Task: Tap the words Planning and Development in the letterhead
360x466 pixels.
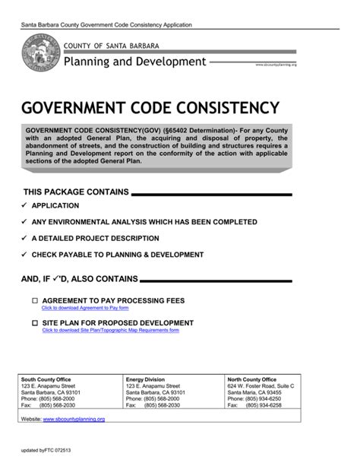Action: pyautogui.click(x=134, y=62)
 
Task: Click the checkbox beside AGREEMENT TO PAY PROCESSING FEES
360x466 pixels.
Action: pyautogui.click(x=34, y=301)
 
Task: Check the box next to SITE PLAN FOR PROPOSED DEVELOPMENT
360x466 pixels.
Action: pyautogui.click(x=34, y=323)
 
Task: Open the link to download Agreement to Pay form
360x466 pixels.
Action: pyautogui.click(x=85, y=309)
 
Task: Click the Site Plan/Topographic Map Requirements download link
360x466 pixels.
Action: pyautogui.click(x=110, y=331)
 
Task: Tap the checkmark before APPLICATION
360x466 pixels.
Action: pyautogui.click(x=25, y=205)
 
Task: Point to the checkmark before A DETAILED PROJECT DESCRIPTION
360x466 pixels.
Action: pyautogui.click(x=25, y=237)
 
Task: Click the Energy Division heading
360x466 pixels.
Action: pyautogui.click(x=144, y=379)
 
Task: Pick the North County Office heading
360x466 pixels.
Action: pyautogui.click(x=253, y=379)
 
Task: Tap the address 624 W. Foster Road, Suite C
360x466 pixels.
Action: pyautogui.click(x=261, y=385)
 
